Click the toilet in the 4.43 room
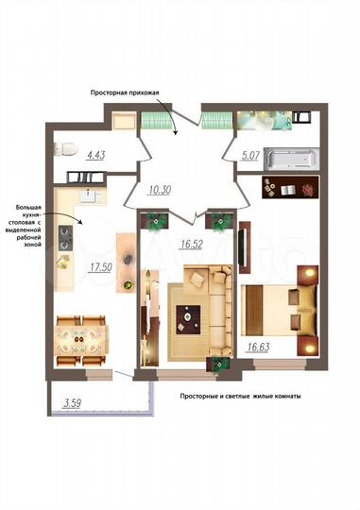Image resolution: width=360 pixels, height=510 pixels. (62, 147)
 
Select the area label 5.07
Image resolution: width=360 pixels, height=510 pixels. (249, 161)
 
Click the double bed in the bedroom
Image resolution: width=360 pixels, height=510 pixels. (276, 306)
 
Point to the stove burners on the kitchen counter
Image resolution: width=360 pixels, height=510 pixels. (67, 232)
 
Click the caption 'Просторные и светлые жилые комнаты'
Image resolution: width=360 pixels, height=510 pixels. (240, 397)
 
